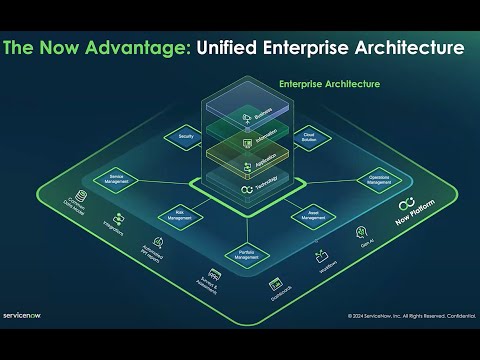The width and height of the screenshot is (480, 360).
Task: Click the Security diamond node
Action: tap(186, 135)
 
